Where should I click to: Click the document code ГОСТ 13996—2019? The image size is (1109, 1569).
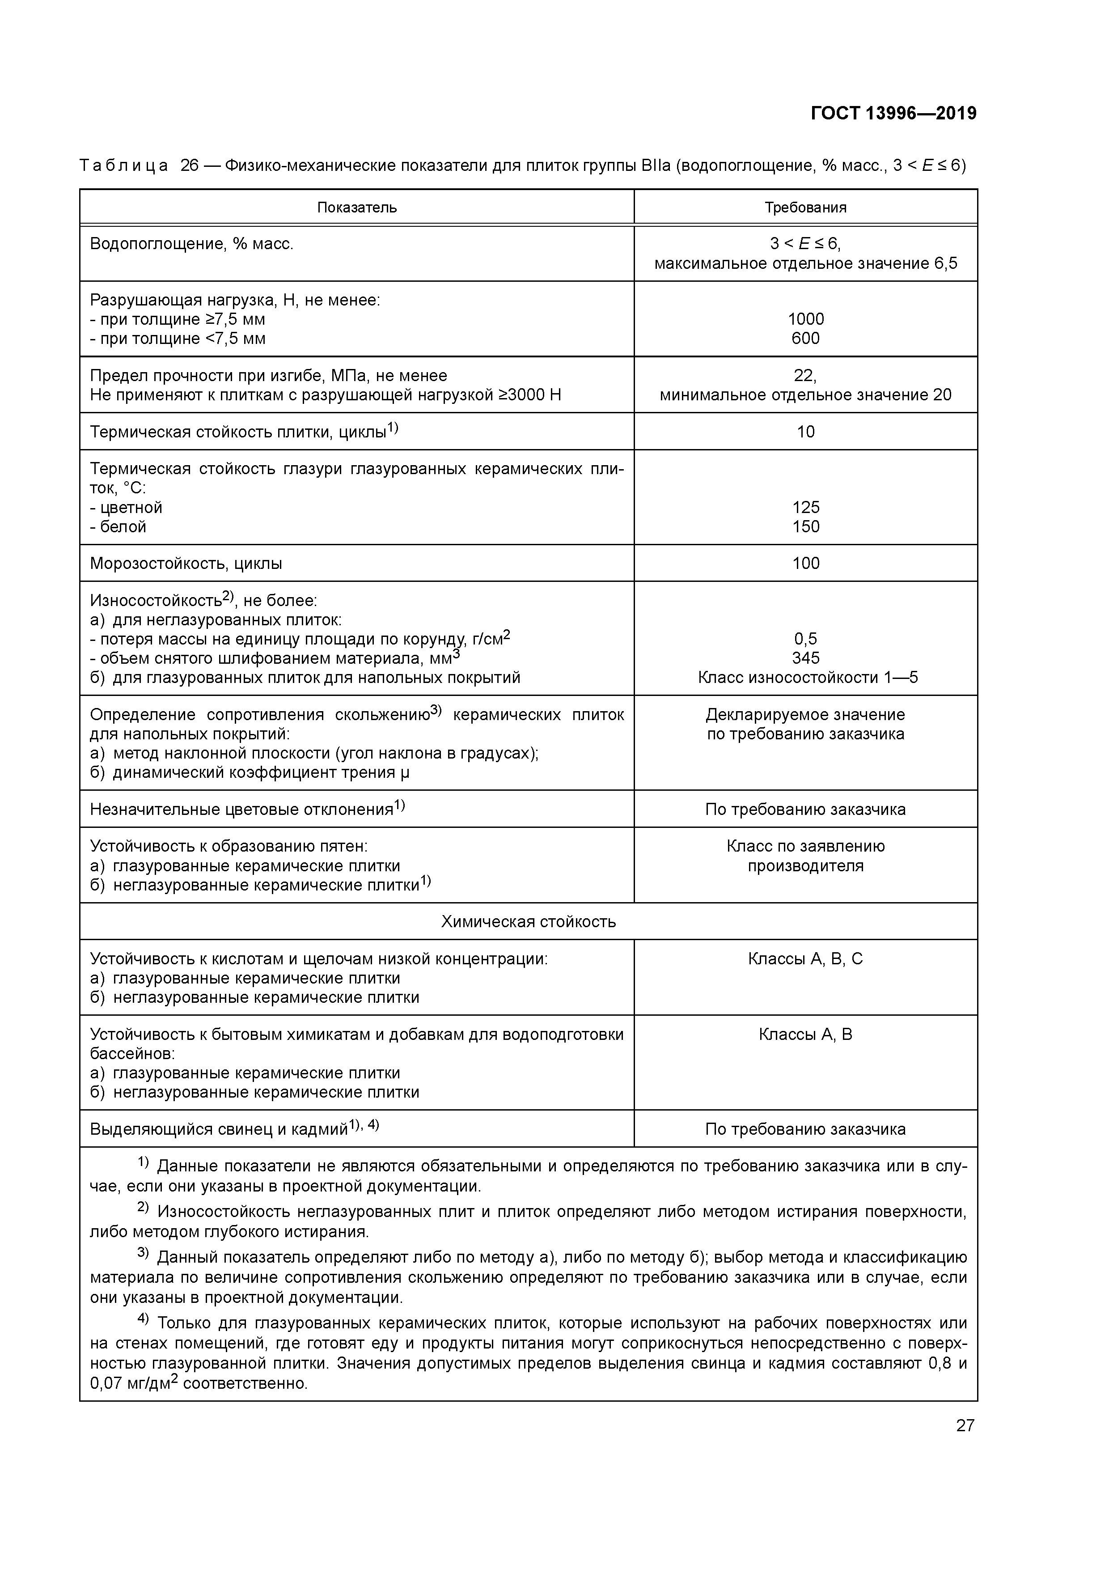coord(893,114)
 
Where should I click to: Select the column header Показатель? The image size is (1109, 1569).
coord(357,208)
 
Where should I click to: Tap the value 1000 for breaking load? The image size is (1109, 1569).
coord(806,319)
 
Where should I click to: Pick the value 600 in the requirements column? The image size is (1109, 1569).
coord(806,338)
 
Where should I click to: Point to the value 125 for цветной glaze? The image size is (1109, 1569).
coord(806,507)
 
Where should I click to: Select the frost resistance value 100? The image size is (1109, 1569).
coord(806,563)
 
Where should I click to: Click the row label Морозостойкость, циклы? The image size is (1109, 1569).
coord(186,564)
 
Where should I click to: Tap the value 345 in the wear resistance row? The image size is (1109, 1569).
coord(806,658)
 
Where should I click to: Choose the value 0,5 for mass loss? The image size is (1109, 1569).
coord(806,639)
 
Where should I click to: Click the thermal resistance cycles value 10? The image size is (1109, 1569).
coord(806,432)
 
